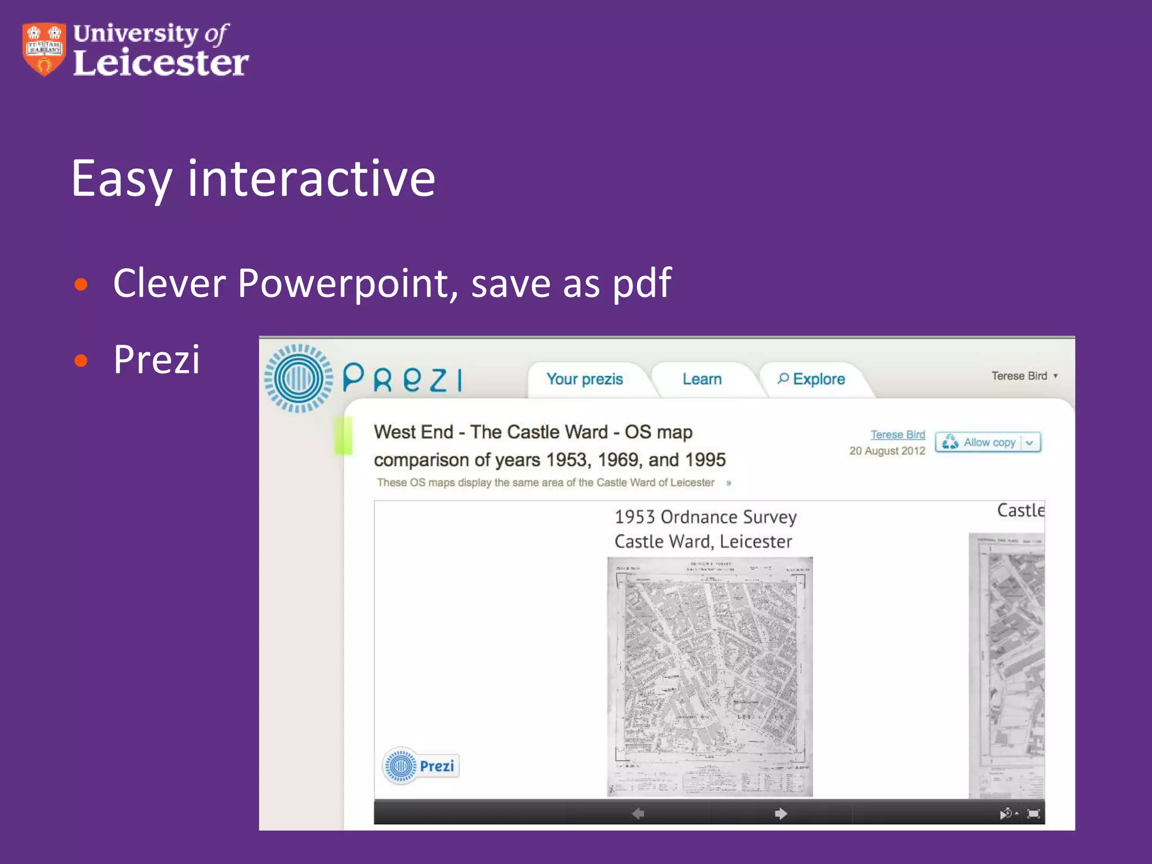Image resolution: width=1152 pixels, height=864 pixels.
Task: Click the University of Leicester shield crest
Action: click(44, 49)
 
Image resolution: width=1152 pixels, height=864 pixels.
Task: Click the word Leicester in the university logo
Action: click(161, 63)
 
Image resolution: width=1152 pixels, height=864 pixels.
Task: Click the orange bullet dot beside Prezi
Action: click(81, 360)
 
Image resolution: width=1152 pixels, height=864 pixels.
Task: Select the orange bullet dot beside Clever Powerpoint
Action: click(81, 284)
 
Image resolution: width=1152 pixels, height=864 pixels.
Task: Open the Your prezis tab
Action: click(584, 379)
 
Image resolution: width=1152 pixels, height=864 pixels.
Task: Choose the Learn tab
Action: click(702, 379)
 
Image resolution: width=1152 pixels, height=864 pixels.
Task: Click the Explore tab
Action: click(812, 379)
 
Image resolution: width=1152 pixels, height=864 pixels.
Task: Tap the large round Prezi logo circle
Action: click(299, 379)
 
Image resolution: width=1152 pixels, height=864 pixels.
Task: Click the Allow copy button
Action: click(988, 443)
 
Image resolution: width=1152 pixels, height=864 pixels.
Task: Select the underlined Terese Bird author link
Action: click(898, 434)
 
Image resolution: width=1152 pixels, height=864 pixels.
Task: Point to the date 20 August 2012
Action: click(887, 451)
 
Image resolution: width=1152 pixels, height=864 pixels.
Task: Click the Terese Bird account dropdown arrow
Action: click(1055, 376)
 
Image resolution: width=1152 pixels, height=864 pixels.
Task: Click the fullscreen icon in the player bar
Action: click(1033, 813)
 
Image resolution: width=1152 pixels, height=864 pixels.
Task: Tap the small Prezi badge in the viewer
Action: click(421, 766)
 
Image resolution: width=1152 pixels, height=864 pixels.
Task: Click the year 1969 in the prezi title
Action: click(620, 460)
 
